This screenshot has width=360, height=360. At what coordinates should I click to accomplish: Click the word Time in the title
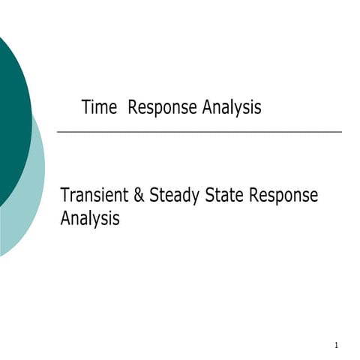click(99, 108)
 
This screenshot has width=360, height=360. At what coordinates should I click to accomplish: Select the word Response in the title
click(163, 108)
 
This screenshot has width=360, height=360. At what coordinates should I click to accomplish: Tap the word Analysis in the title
click(232, 108)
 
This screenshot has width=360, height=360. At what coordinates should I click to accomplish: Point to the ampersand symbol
click(139, 196)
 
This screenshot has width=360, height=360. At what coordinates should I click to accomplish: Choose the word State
click(223, 196)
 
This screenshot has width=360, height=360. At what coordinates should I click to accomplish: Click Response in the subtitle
click(283, 196)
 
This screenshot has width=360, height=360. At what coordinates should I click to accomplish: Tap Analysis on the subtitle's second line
click(89, 220)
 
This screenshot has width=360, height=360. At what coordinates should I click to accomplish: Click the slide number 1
click(337, 345)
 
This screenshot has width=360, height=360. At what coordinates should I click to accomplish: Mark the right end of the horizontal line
click(341, 132)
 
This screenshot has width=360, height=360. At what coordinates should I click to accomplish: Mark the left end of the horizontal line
click(58, 132)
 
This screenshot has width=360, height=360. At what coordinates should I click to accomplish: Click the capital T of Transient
click(64, 196)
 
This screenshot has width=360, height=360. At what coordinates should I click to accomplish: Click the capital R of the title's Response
click(133, 108)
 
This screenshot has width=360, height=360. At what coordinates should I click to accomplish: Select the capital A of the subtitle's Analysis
click(65, 219)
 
